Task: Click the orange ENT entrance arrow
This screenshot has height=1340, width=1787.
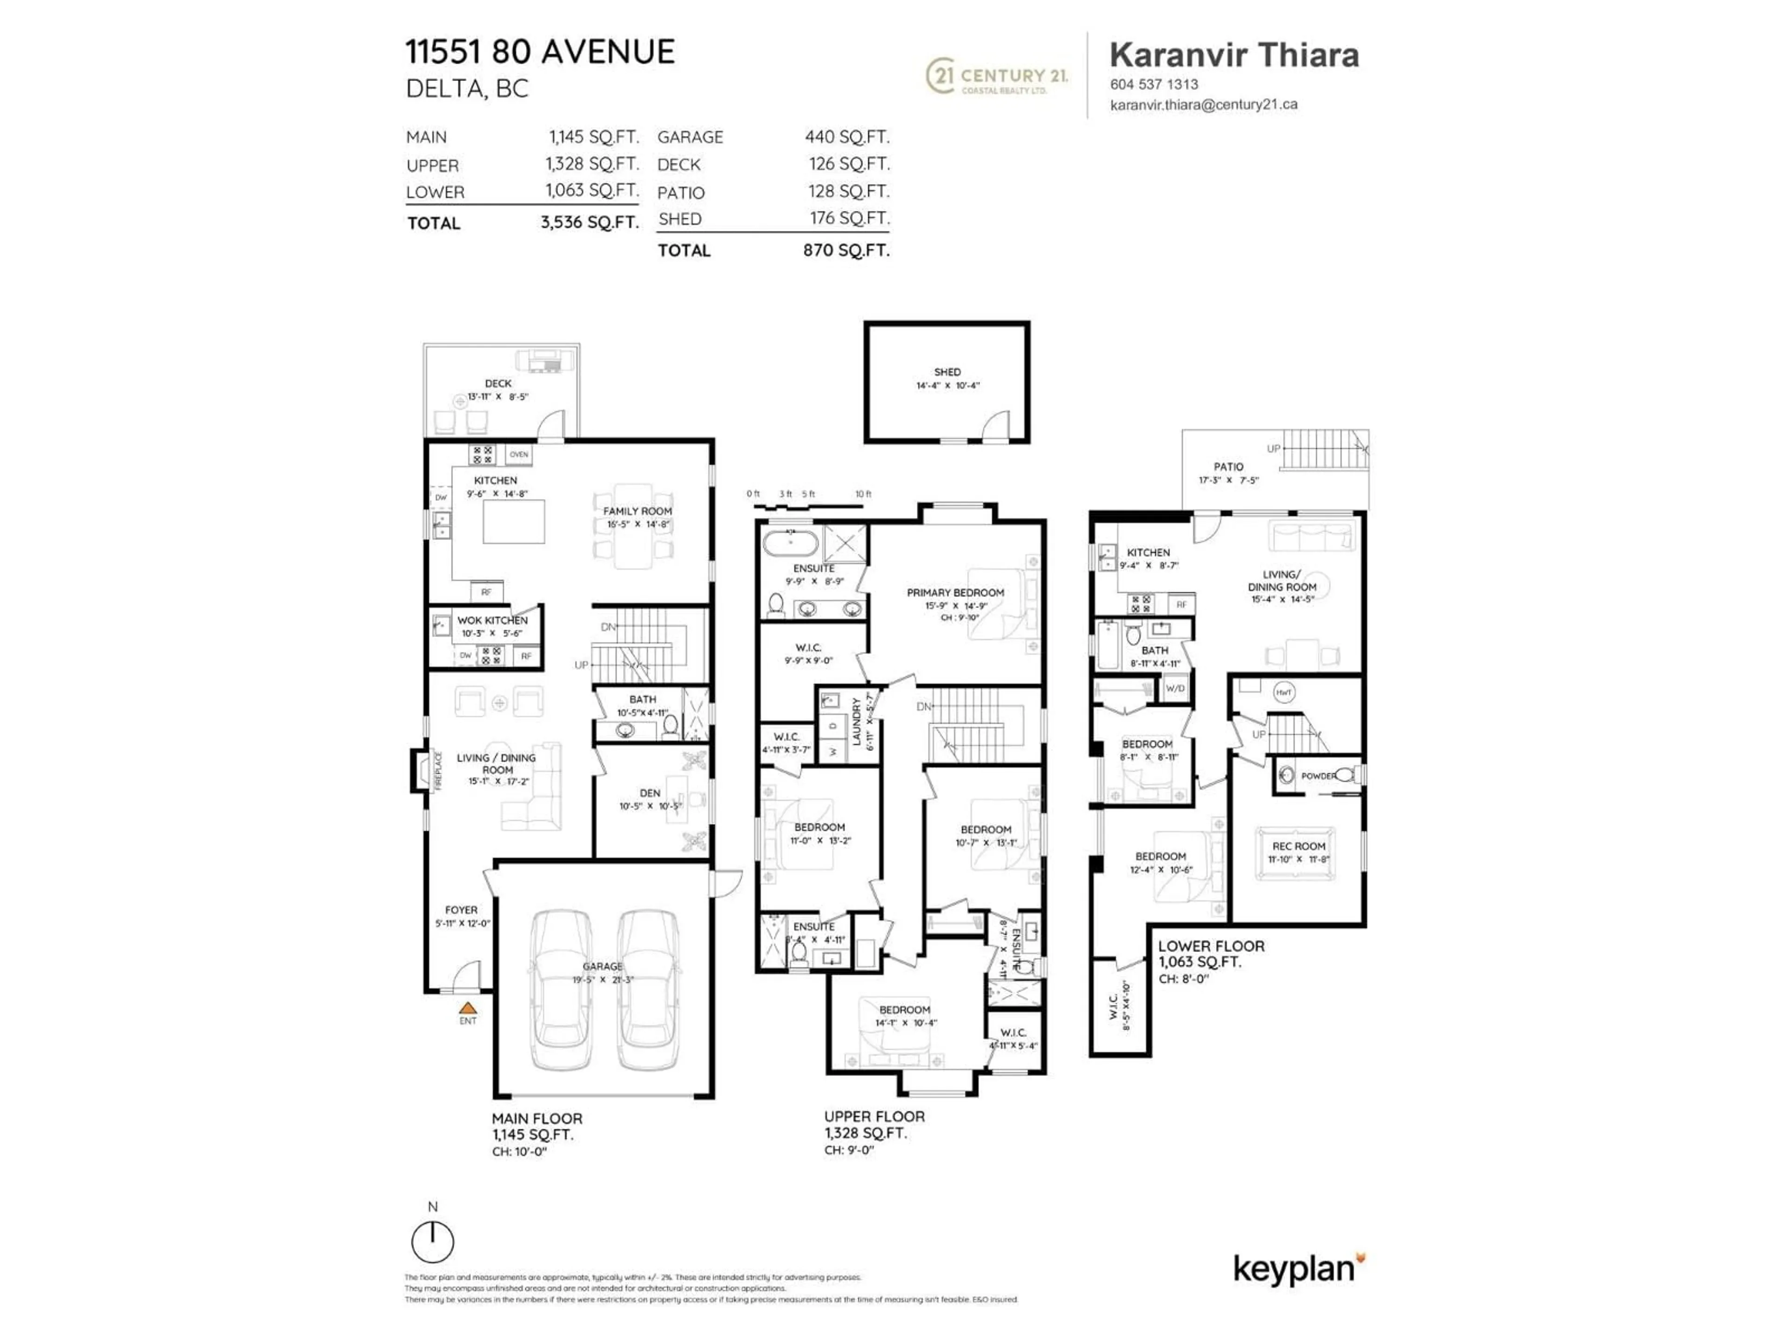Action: coord(468,1008)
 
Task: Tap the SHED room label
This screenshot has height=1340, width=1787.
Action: coord(947,372)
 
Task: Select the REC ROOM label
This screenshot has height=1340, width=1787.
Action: coord(1298,846)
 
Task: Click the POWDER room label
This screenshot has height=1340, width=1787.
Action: coord(1317,776)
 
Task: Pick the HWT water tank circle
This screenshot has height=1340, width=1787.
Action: coord(1283,692)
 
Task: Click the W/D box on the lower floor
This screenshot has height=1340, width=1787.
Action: coord(1175,688)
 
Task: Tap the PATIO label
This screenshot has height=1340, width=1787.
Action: coord(1228,467)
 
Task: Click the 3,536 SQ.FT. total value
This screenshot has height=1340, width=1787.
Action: coord(589,222)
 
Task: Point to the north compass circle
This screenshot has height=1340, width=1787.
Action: coord(432,1241)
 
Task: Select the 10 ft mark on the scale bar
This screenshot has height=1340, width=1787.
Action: coord(863,494)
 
